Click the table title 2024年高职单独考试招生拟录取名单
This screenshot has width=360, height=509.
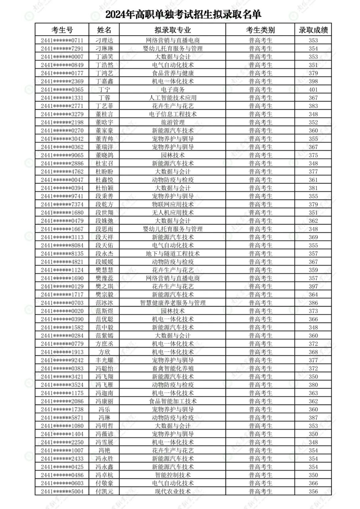click(183, 14)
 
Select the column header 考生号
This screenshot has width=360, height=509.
click(62, 30)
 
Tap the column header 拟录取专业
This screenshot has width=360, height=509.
click(172, 30)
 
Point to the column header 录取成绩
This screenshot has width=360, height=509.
click(313, 30)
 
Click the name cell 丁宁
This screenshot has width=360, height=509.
click(104, 89)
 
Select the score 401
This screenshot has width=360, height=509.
click(313, 89)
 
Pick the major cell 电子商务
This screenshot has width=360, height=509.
click(172, 89)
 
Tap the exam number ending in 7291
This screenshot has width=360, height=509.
click(62, 48)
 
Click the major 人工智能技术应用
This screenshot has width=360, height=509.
click(172, 98)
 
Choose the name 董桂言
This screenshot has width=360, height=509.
click(104, 114)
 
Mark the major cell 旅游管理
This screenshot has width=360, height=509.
click(172, 122)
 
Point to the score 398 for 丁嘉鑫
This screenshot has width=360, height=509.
click(313, 81)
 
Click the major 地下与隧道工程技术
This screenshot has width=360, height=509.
click(172, 253)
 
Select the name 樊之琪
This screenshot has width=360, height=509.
click(104, 286)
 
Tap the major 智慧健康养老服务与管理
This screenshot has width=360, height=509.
click(172, 303)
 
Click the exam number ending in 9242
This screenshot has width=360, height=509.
click(62, 360)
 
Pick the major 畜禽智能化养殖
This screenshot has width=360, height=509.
click(172, 368)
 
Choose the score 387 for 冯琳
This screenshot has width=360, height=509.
click(313, 418)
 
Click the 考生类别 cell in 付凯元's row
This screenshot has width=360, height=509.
click(260, 491)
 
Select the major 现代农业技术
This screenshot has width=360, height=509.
click(172, 491)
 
